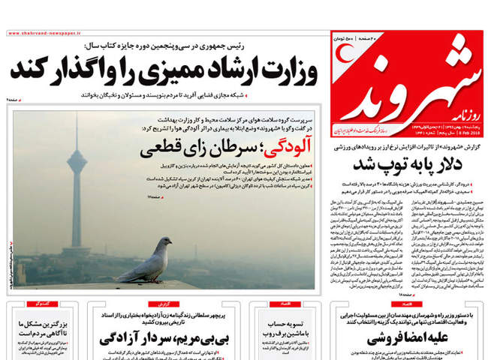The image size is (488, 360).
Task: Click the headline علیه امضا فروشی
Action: [x=405, y=337]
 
